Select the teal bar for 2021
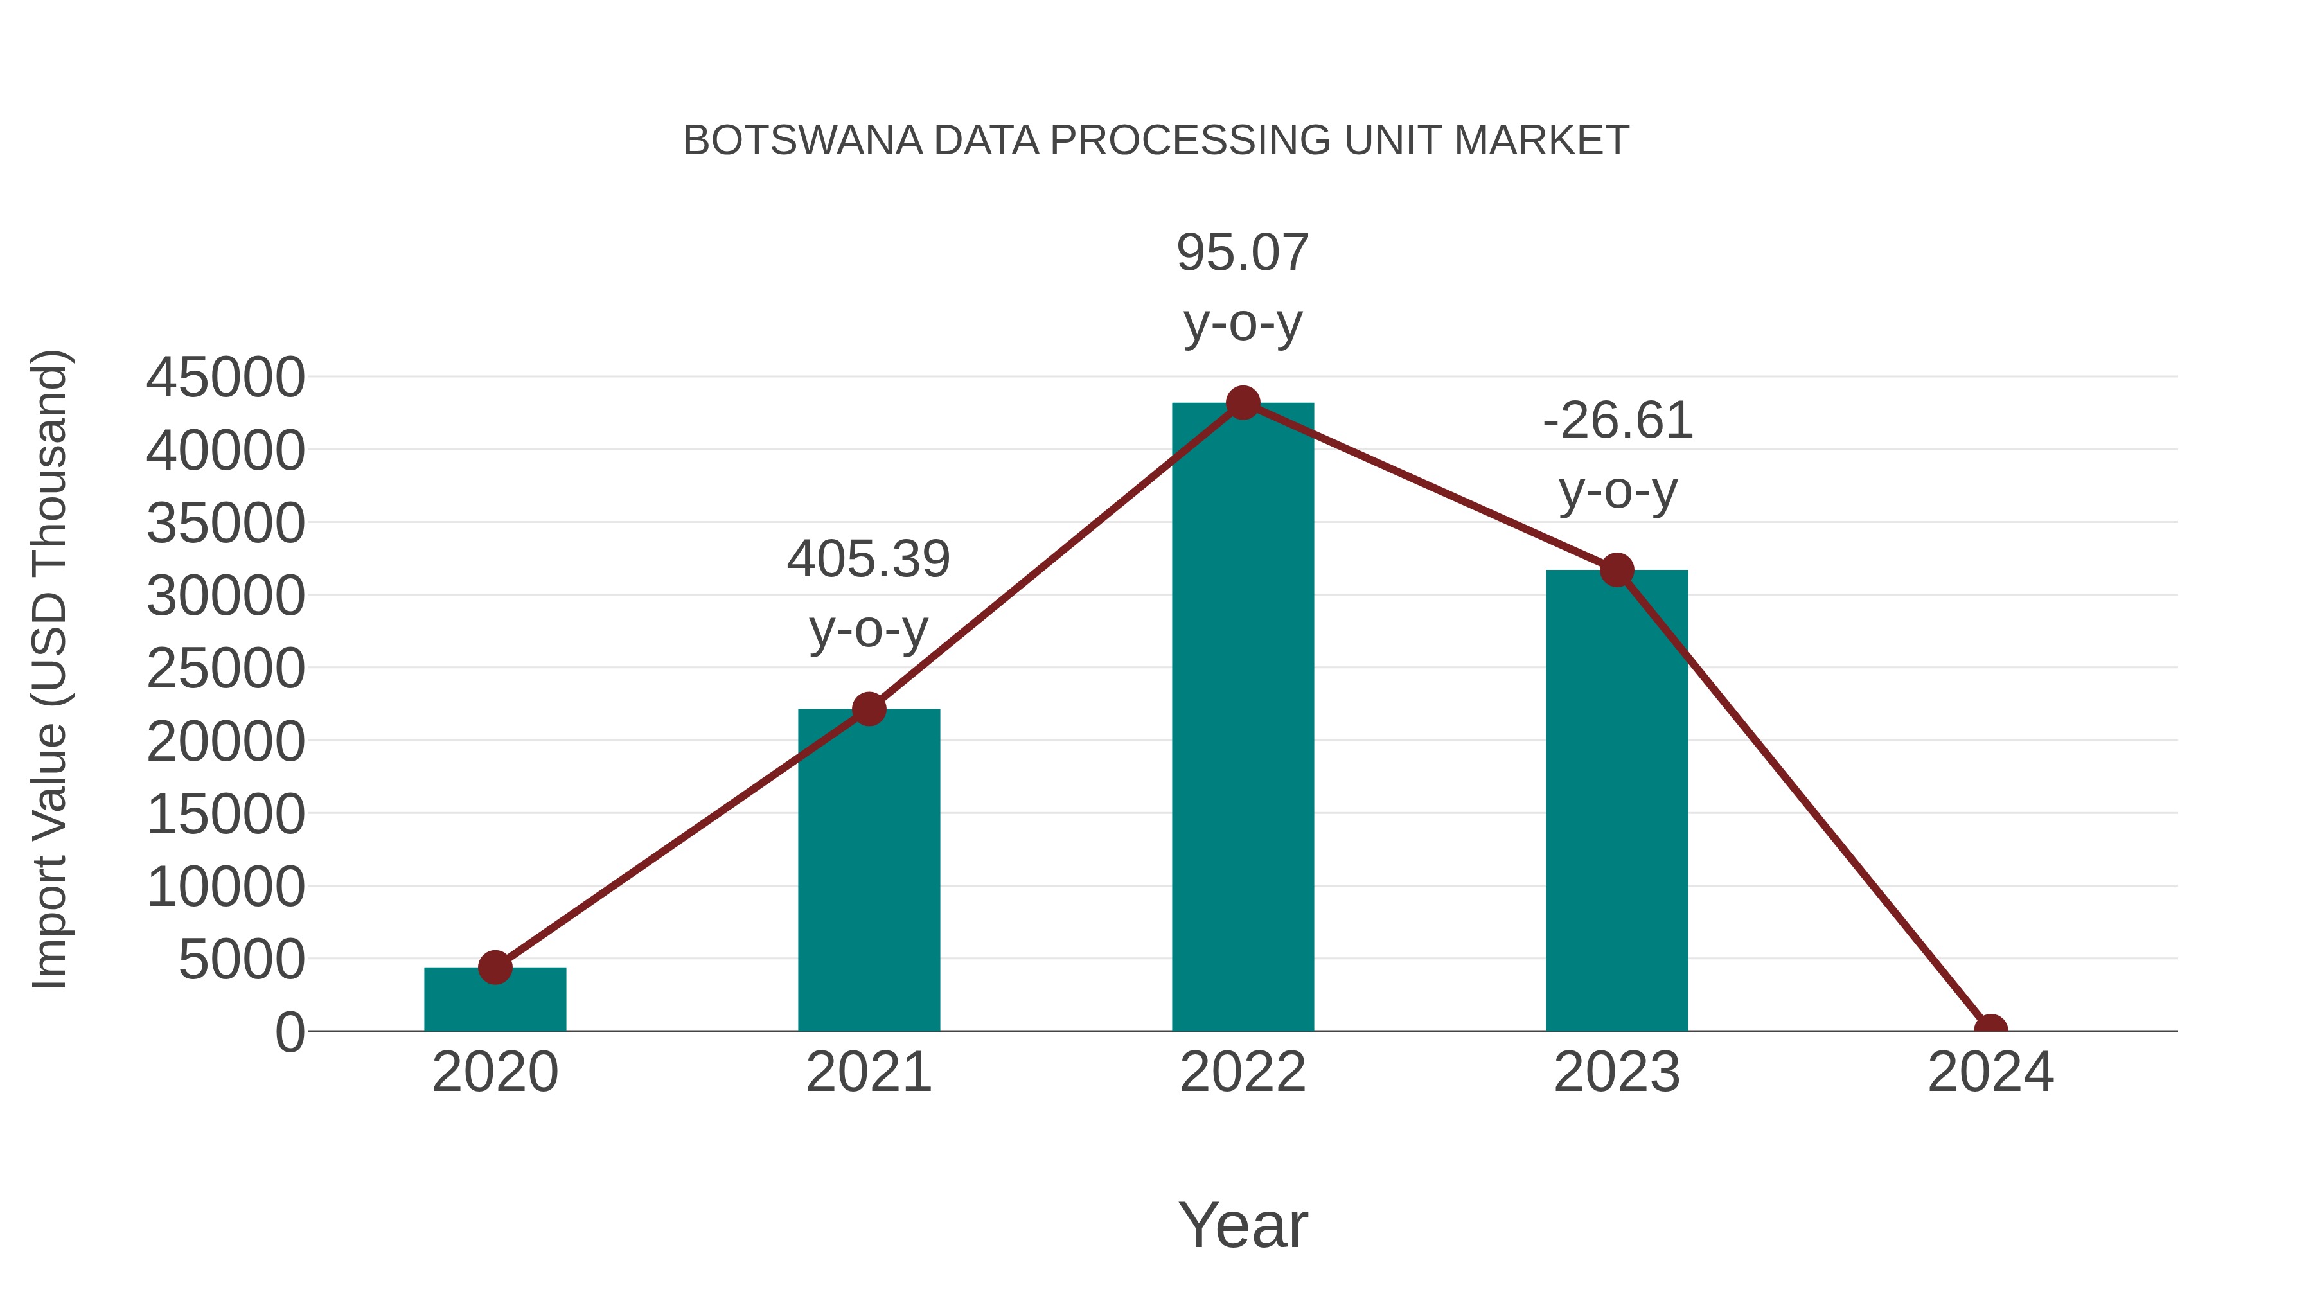click(868, 871)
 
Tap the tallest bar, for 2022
click(1243, 718)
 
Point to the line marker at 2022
click(1243, 403)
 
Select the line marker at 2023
click(1617, 570)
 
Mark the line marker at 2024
click(1990, 1029)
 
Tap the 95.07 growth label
click(1243, 253)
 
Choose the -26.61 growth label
click(1617, 421)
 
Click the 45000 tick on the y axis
click(226, 378)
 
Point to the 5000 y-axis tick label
click(242, 960)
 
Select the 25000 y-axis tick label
click(226, 669)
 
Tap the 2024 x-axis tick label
click(1990, 1073)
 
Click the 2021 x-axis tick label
click(868, 1073)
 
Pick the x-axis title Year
click(1243, 1225)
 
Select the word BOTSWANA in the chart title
click(802, 141)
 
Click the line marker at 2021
click(868, 709)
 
